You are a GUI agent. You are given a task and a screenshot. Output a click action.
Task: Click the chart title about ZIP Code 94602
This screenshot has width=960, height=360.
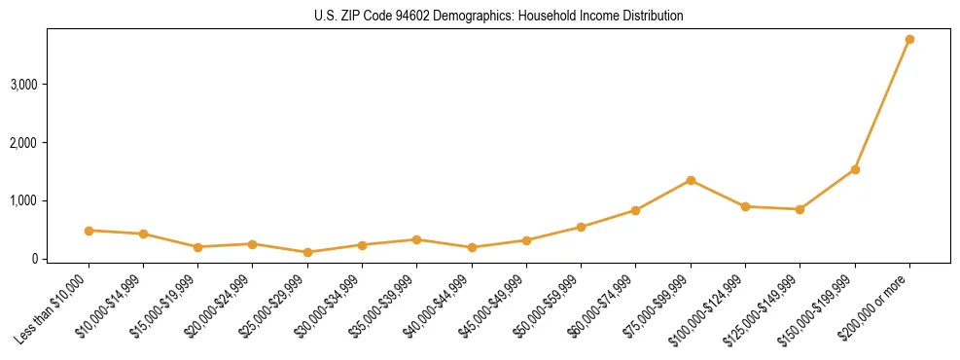click(499, 16)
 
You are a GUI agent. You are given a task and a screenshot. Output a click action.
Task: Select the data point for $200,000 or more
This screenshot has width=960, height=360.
click(909, 39)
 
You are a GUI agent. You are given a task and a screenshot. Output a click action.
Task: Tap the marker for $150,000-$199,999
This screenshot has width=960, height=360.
click(855, 169)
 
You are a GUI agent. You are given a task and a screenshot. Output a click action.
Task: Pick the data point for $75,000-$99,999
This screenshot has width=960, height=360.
click(691, 180)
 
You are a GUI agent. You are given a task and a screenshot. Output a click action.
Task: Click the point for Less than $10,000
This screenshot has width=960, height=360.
click(89, 231)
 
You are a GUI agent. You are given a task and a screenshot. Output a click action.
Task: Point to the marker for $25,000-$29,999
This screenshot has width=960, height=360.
click(307, 252)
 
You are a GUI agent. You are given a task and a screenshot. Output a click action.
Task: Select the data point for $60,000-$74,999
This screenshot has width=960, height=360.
click(635, 210)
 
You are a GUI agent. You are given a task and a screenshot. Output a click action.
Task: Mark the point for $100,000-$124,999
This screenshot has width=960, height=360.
click(745, 206)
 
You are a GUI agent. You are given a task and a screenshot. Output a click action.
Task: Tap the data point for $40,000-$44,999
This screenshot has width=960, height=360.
click(472, 247)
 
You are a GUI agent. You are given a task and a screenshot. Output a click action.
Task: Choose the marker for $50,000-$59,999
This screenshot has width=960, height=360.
click(581, 227)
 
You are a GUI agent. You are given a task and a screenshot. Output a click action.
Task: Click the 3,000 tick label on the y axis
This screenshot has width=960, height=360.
click(23, 85)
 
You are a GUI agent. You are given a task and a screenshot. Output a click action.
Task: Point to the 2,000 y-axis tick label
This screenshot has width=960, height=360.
click(23, 143)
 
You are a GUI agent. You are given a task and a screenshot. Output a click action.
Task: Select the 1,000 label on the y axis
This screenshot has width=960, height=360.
click(23, 200)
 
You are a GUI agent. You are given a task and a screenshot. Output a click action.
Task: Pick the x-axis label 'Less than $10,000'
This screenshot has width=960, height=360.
click(54, 306)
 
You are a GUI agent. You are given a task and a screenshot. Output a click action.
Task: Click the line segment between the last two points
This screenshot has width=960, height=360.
click(882, 104)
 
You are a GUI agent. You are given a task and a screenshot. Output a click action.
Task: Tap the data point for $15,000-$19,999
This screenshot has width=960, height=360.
click(197, 247)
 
